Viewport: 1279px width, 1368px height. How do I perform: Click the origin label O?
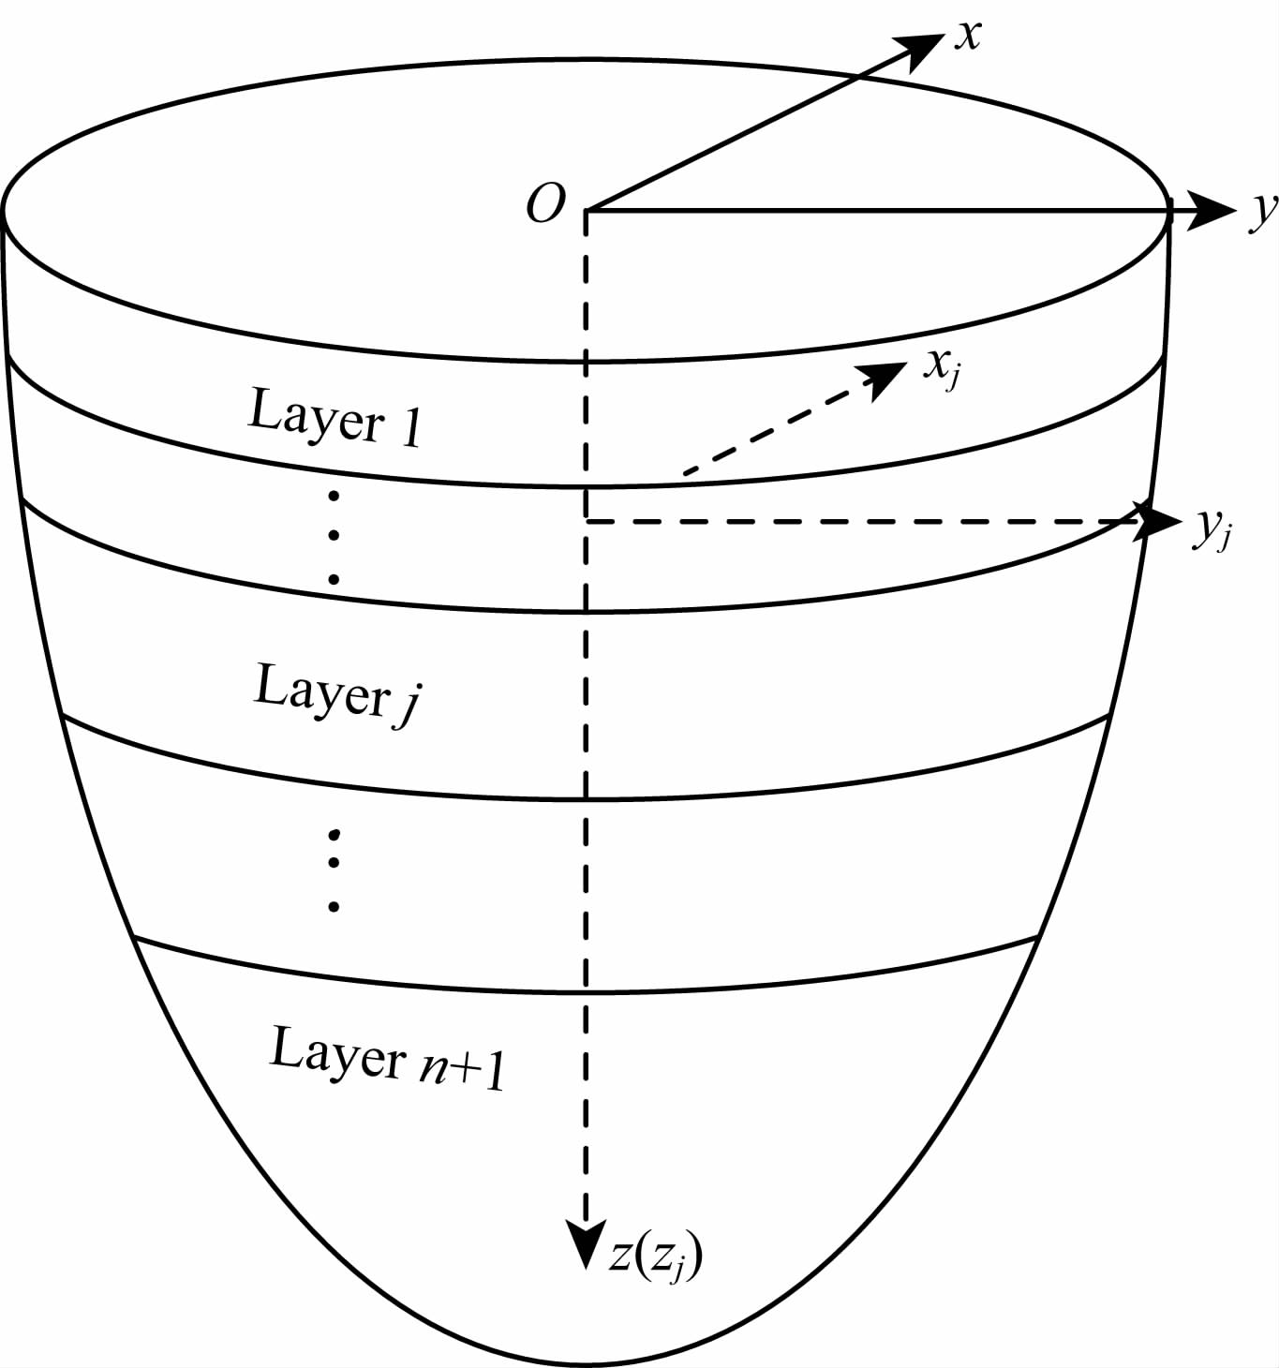pyautogui.click(x=546, y=203)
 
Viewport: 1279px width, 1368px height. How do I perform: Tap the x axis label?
pyautogui.click(x=967, y=36)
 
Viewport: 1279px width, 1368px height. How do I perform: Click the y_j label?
pyautogui.click(x=1211, y=531)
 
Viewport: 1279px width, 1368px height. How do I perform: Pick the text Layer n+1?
pyautogui.click(x=387, y=1059)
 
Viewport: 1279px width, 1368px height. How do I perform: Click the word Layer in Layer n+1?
pyautogui.click(x=337, y=1054)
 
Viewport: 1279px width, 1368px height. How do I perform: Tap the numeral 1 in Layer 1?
pyautogui.click(x=409, y=428)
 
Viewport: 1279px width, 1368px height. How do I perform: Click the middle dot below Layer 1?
pyautogui.click(x=334, y=537)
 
